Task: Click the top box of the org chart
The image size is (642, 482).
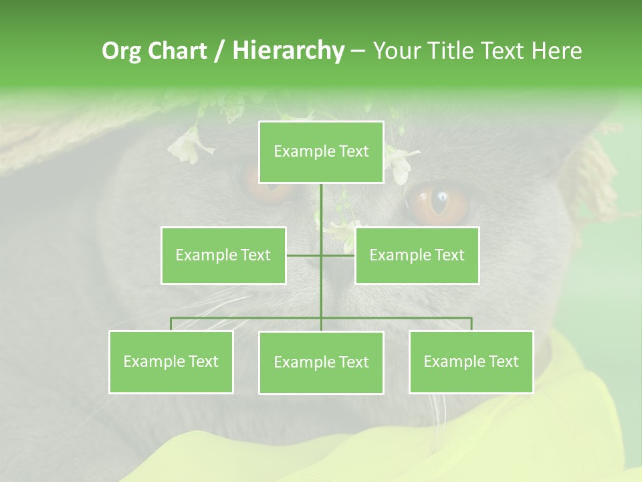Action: click(x=321, y=152)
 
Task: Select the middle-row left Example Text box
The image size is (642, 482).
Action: click(x=223, y=255)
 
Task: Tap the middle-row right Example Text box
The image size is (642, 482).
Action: click(x=417, y=255)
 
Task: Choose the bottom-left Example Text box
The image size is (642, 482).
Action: click(x=171, y=361)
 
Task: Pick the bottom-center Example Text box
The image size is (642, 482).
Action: click(x=321, y=362)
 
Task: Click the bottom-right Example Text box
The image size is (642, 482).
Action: click(x=471, y=361)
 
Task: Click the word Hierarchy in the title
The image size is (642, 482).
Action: click(x=288, y=51)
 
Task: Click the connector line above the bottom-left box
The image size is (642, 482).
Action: click(x=171, y=323)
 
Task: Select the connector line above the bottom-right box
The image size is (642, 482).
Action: click(x=471, y=323)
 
